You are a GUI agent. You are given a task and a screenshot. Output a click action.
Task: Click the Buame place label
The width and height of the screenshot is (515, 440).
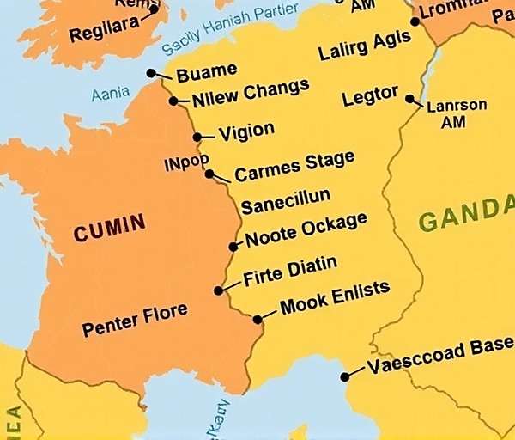tap(206, 72)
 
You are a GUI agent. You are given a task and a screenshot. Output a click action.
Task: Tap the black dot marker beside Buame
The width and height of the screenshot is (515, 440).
tap(151, 73)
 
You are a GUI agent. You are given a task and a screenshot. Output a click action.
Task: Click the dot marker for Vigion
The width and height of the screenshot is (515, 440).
tap(197, 137)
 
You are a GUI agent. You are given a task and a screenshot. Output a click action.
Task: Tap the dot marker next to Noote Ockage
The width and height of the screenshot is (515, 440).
tap(233, 247)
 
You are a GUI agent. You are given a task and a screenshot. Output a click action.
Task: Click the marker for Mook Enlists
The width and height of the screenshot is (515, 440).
tap(257, 320)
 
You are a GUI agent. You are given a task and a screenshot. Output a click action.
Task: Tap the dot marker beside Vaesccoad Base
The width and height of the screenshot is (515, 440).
tap(345, 376)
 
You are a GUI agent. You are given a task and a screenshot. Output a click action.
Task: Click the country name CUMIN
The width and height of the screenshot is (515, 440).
tap(109, 229)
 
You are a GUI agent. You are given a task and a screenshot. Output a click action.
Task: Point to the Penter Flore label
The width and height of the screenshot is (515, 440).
tap(135, 321)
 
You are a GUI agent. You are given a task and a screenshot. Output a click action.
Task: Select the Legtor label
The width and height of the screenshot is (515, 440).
tap(370, 95)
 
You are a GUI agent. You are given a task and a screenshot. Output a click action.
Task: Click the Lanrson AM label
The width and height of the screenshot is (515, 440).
tap(457, 113)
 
